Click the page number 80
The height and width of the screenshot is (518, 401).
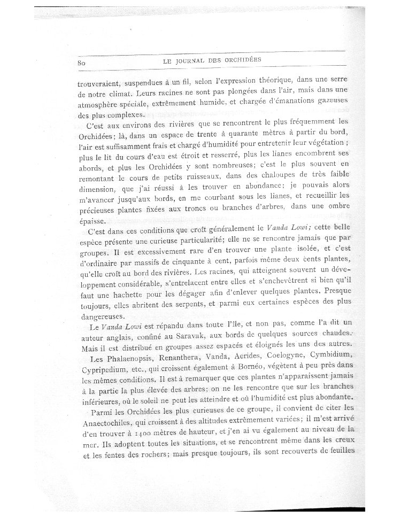pos(82,63)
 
